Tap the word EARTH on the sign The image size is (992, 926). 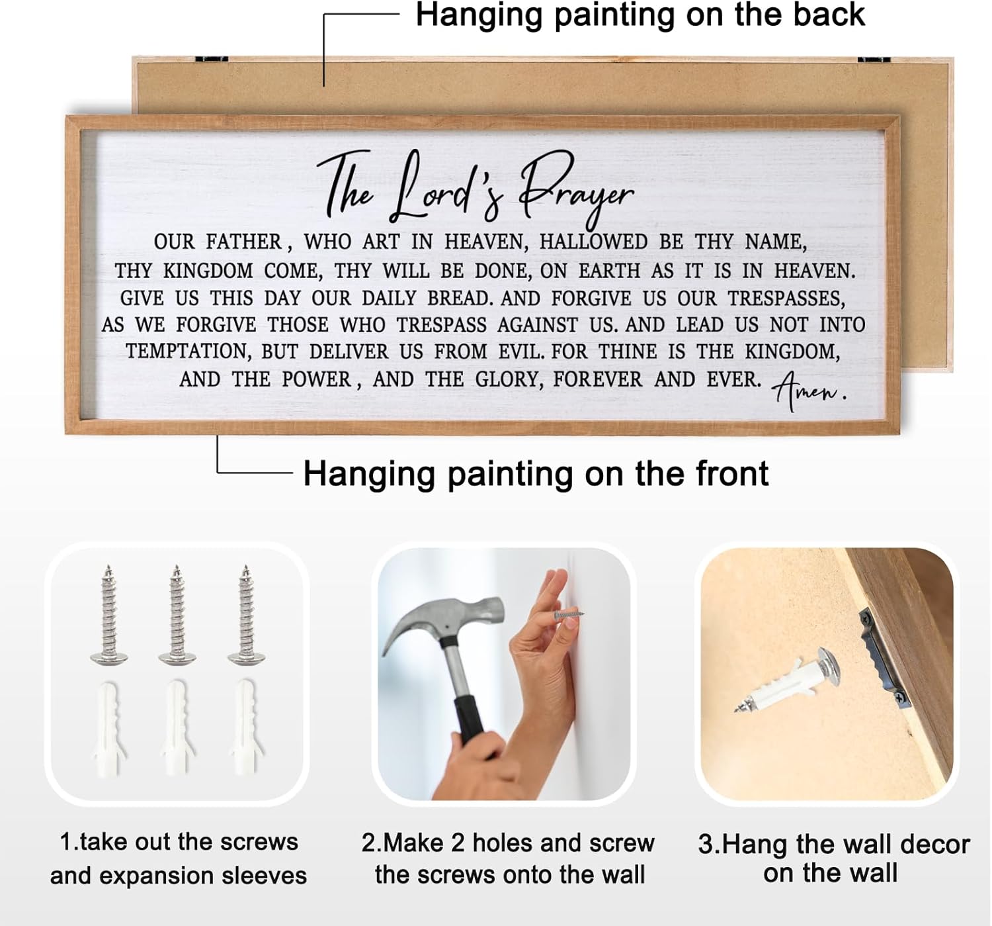click(609, 271)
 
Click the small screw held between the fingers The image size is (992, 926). click(569, 614)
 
